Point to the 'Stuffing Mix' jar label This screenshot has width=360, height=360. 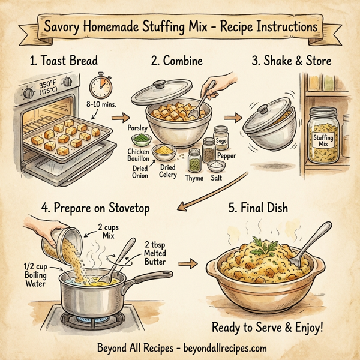[x=323, y=140]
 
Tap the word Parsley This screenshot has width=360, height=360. [x=139, y=128]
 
